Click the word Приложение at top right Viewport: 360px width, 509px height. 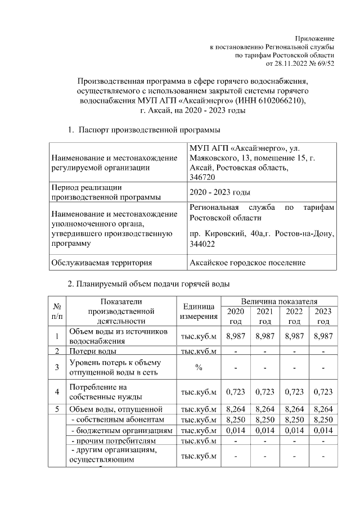pyautogui.click(x=317, y=37)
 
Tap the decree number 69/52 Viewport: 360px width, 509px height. pyautogui.click(x=325, y=64)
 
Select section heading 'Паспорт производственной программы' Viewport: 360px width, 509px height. pyautogui.click(x=149, y=130)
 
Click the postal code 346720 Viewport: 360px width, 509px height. pyautogui.click(x=202, y=177)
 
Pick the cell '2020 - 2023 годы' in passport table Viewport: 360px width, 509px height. pyautogui.click(x=220, y=192)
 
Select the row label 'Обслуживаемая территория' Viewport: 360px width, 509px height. pyautogui.click(x=101, y=262)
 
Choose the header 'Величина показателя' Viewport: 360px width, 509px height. pyautogui.click(x=279, y=301)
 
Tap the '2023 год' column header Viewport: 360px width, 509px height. pyautogui.click(x=323, y=316)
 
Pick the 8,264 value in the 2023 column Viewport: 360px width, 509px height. pyautogui.click(x=323, y=409)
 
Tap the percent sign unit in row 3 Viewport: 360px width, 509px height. pyautogui.click(x=199, y=367)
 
